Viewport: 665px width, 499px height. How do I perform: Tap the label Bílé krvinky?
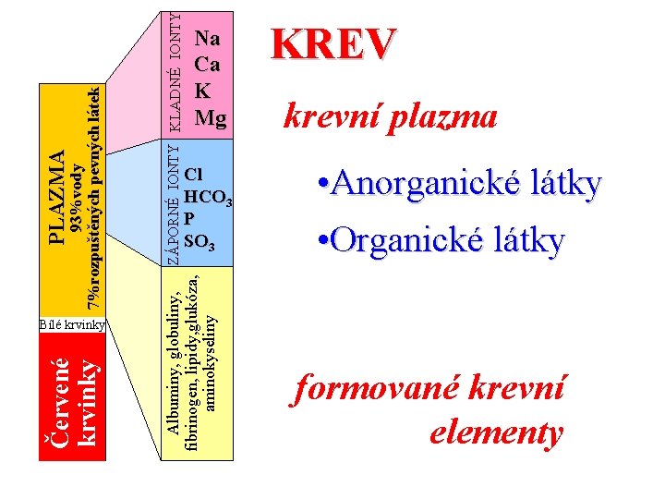pos(74,324)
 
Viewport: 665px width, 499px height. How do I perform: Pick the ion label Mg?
pos(211,117)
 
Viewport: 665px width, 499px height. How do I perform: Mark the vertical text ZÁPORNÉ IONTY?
pos(173,201)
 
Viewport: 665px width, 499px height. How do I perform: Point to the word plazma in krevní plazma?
pos(443,117)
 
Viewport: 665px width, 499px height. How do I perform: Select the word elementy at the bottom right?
pos(496,432)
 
